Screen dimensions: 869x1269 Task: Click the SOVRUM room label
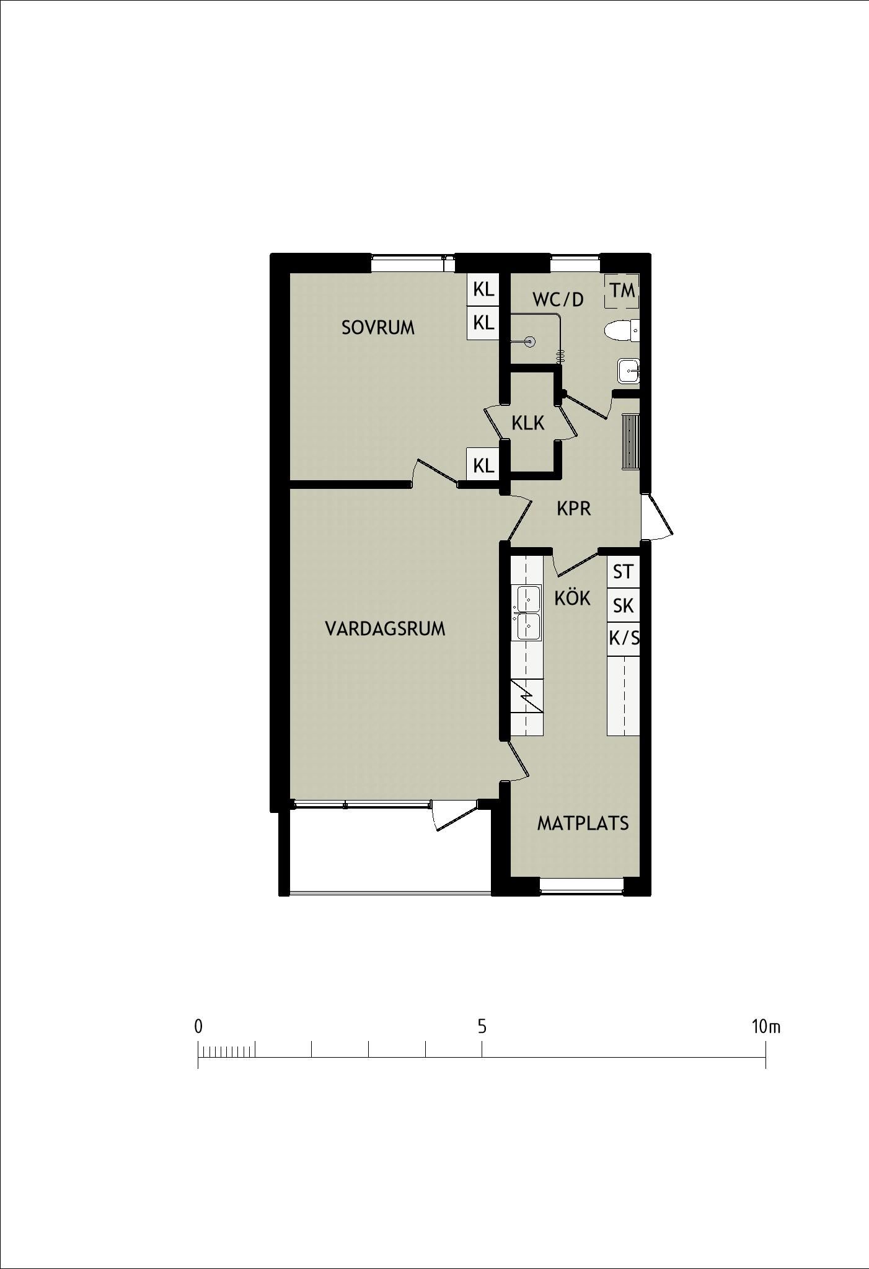click(x=378, y=327)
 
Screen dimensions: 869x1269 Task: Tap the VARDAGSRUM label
click(x=385, y=628)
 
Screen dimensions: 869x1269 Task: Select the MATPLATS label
click(x=583, y=823)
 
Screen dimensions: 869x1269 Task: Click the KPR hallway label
click(x=573, y=508)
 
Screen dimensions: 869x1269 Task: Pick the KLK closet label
click(x=527, y=423)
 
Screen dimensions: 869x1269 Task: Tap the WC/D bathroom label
click(x=558, y=299)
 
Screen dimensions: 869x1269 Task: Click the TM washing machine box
click(x=622, y=290)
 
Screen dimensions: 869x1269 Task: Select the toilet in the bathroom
click(x=622, y=331)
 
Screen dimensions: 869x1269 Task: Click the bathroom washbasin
click(x=629, y=371)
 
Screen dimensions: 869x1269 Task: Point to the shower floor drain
click(x=530, y=341)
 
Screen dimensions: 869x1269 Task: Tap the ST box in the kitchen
click(x=623, y=571)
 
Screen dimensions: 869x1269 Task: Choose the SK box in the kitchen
click(x=623, y=604)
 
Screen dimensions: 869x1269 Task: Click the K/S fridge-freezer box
click(x=623, y=637)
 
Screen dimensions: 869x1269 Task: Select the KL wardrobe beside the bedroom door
click(x=483, y=465)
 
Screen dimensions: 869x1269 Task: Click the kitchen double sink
click(x=527, y=612)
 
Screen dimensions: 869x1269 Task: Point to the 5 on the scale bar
click(x=482, y=1027)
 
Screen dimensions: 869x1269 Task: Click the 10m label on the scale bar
click(x=766, y=1027)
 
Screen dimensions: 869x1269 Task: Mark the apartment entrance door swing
click(x=658, y=516)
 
